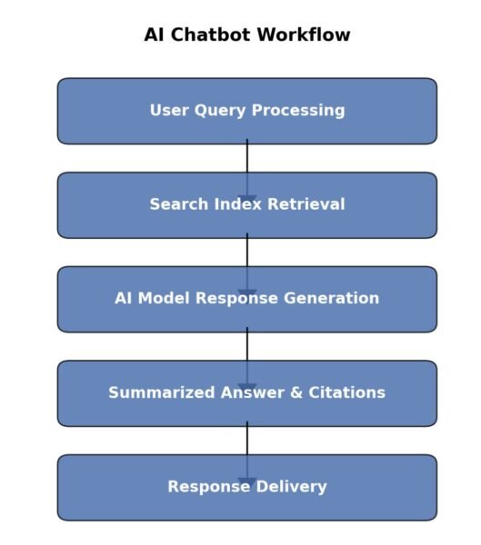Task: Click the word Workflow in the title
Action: pyautogui.click(x=306, y=35)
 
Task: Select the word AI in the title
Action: pyautogui.click(x=155, y=35)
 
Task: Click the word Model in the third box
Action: pyautogui.click(x=163, y=299)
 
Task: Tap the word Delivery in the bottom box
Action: pyautogui.click(x=293, y=487)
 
